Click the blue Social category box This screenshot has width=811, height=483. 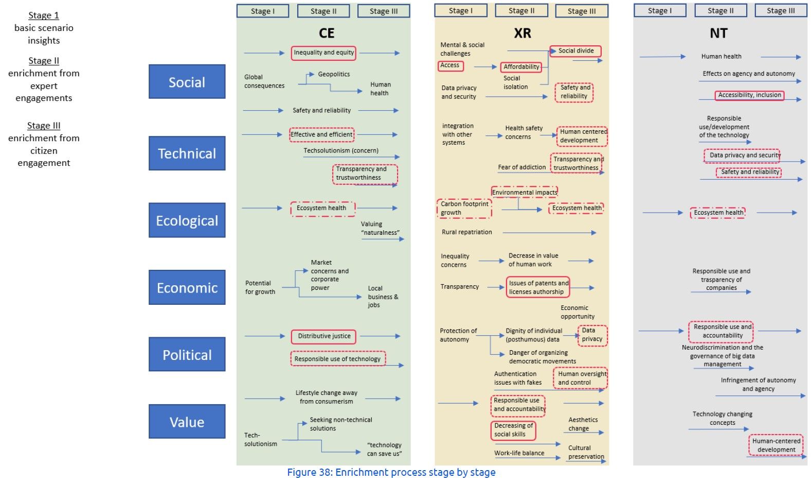[187, 81]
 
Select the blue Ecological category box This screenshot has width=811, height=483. [187, 220]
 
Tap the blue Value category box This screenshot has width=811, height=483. [187, 421]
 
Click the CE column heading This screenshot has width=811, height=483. [326, 33]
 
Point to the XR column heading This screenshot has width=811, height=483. [522, 33]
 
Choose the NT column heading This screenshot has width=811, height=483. [718, 33]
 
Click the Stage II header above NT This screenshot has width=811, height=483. [720, 10]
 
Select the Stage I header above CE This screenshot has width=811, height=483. [262, 11]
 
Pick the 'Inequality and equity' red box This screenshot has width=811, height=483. [323, 53]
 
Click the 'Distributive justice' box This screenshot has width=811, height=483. [323, 337]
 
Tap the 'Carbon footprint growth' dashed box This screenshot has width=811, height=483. [464, 209]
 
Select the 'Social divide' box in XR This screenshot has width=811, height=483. [575, 51]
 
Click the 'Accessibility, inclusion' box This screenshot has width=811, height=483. [749, 95]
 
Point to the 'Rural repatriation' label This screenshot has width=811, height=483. [466, 232]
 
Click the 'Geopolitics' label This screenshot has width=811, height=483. [334, 74]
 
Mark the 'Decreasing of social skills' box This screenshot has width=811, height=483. [513, 430]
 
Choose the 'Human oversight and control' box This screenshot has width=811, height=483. [581, 378]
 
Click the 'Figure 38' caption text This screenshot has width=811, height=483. [391, 472]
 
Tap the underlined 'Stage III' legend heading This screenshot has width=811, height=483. [44, 126]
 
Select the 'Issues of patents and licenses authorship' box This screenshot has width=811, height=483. [537, 287]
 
